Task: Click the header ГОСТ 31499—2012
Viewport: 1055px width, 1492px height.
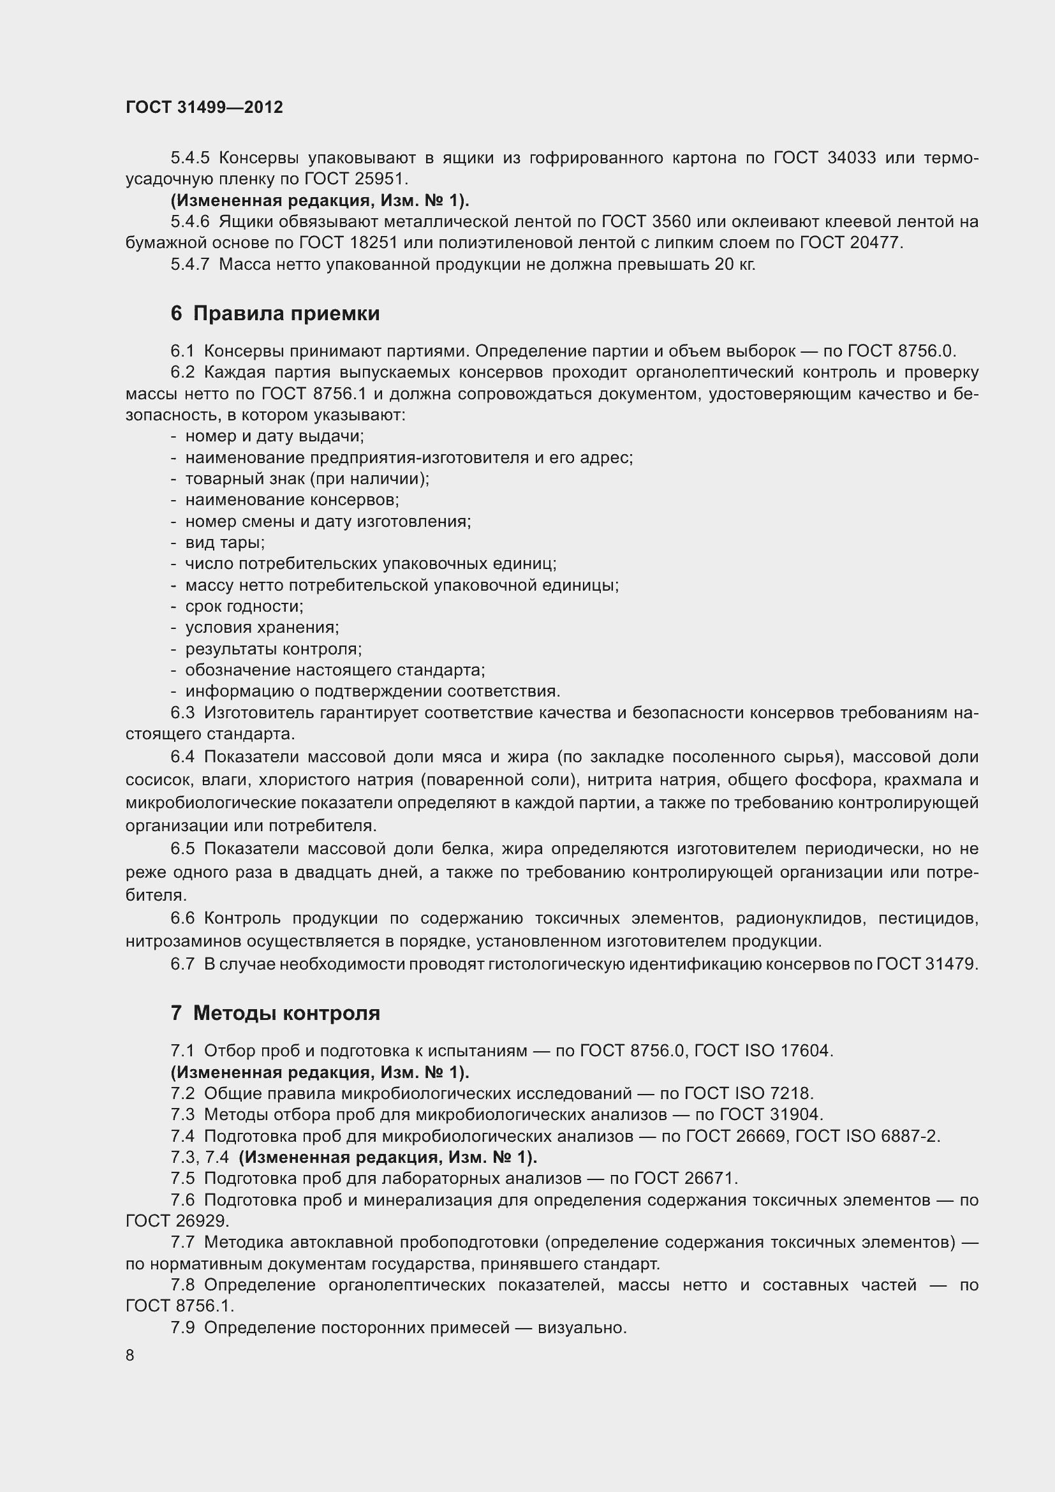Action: (x=204, y=107)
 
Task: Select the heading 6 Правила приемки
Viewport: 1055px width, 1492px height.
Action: (x=275, y=314)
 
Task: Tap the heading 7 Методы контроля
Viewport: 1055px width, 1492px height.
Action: (x=275, y=1013)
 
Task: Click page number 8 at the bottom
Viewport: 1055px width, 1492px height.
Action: (x=130, y=1355)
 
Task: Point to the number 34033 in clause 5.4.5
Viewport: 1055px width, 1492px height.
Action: (x=852, y=158)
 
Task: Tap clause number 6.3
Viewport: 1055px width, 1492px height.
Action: (x=182, y=713)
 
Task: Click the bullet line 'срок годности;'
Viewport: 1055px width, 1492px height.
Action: (x=244, y=606)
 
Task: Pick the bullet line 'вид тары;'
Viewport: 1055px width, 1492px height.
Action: (x=225, y=543)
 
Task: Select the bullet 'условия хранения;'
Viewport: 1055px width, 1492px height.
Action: (x=262, y=628)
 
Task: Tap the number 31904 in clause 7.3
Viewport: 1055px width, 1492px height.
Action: (x=795, y=1114)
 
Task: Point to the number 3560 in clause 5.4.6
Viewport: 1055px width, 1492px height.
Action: (x=671, y=221)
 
